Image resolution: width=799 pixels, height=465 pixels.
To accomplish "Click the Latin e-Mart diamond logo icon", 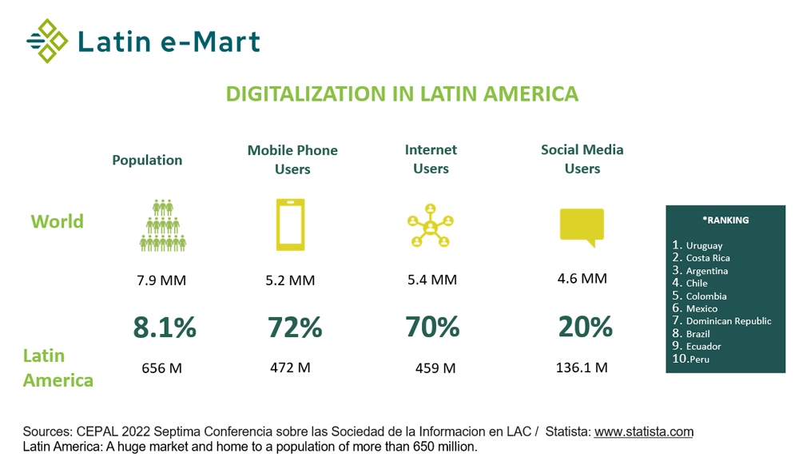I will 47,41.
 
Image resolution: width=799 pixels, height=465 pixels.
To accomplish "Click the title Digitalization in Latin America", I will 402,93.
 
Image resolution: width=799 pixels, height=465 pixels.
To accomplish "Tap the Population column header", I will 147,160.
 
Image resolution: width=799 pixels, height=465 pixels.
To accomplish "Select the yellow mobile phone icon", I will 290,225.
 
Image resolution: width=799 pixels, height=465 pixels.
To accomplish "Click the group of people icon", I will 163,225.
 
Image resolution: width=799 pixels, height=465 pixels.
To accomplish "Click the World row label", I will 57,221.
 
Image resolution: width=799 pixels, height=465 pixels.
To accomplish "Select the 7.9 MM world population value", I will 161,280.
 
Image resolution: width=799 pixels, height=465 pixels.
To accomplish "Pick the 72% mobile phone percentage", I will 294,327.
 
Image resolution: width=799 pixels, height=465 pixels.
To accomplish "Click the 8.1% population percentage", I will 164,327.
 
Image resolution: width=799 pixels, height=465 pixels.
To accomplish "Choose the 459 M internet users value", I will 435,368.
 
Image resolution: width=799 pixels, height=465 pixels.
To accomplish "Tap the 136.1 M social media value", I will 582,368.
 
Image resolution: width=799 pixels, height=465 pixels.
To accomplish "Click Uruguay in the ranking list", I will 704,245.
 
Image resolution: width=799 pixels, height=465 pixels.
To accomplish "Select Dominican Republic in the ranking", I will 729,321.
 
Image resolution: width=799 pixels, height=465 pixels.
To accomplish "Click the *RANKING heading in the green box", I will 725,221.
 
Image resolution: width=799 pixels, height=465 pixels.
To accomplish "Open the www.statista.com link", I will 643,431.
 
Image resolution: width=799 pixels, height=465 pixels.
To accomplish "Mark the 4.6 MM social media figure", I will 582,278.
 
